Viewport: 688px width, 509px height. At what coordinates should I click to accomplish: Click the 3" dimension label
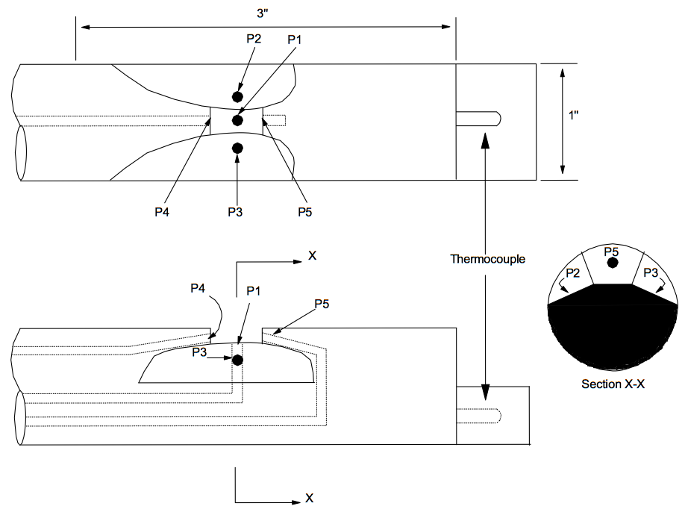(x=263, y=13)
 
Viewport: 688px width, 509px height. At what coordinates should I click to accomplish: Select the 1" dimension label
(x=574, y=116)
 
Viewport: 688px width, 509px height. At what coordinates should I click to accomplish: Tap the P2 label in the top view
(x=254, y=39)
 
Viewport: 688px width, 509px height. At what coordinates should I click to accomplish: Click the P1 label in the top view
(x=295, y=40)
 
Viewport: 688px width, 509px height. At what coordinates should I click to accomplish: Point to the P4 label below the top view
(x=162, y=212)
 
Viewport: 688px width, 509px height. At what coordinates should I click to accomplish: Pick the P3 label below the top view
(x=235, y=212)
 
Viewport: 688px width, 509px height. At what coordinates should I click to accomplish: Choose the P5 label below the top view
(x=305, y=212)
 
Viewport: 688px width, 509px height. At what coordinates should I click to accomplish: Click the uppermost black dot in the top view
(x=237, y=96)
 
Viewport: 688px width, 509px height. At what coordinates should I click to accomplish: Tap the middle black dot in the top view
(x=237, y=120)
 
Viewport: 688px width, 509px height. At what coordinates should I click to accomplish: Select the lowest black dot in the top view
(x=237, y=149)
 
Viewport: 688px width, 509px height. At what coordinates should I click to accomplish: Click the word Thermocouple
(x=487, y=259)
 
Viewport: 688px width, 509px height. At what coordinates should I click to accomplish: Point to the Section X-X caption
(x=613, y=384)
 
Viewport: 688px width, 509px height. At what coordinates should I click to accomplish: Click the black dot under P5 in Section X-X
(x=613, y=263)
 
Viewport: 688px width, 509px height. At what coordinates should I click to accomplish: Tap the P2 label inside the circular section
(x=572, y=273)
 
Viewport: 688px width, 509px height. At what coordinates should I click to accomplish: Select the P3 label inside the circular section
(x=651, y=273)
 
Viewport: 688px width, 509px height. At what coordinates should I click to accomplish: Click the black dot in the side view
(x=237, y=360)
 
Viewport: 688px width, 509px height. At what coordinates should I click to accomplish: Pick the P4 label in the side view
(x=198, y=288)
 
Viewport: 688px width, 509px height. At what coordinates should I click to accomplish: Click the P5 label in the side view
(x=322, y=304)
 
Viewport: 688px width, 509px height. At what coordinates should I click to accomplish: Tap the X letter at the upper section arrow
(x=312, y=255)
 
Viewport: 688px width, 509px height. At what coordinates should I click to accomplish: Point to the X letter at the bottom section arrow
(x=310, y=498)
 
